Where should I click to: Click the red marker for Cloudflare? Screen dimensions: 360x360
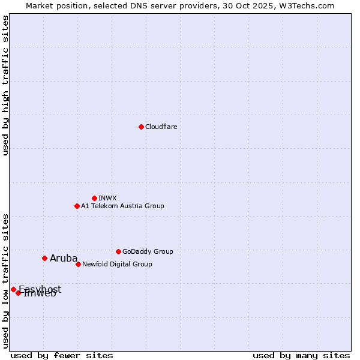141,127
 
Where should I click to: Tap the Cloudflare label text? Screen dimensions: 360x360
161,127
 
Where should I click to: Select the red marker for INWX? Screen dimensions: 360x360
94,198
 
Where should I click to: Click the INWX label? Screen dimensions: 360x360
107,198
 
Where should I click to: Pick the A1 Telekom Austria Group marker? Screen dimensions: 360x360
77,206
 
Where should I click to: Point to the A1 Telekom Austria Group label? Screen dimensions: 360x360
122,206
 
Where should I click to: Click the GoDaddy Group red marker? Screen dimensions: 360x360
118,251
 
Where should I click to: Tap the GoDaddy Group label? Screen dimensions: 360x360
147,251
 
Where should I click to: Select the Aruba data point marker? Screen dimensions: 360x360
44,258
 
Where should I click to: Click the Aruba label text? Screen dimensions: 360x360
64,259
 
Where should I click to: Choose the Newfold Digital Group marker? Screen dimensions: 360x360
78,264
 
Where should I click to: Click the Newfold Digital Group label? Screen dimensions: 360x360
117,264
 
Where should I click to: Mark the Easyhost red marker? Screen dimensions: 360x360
13,289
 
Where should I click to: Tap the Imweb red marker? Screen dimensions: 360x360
19,293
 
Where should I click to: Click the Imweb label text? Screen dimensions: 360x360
40,294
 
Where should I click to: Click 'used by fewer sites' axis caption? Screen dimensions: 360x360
62,355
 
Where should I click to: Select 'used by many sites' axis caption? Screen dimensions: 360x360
301,355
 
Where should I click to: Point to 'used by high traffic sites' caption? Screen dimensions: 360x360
5,85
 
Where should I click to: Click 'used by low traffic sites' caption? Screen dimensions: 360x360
5,281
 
